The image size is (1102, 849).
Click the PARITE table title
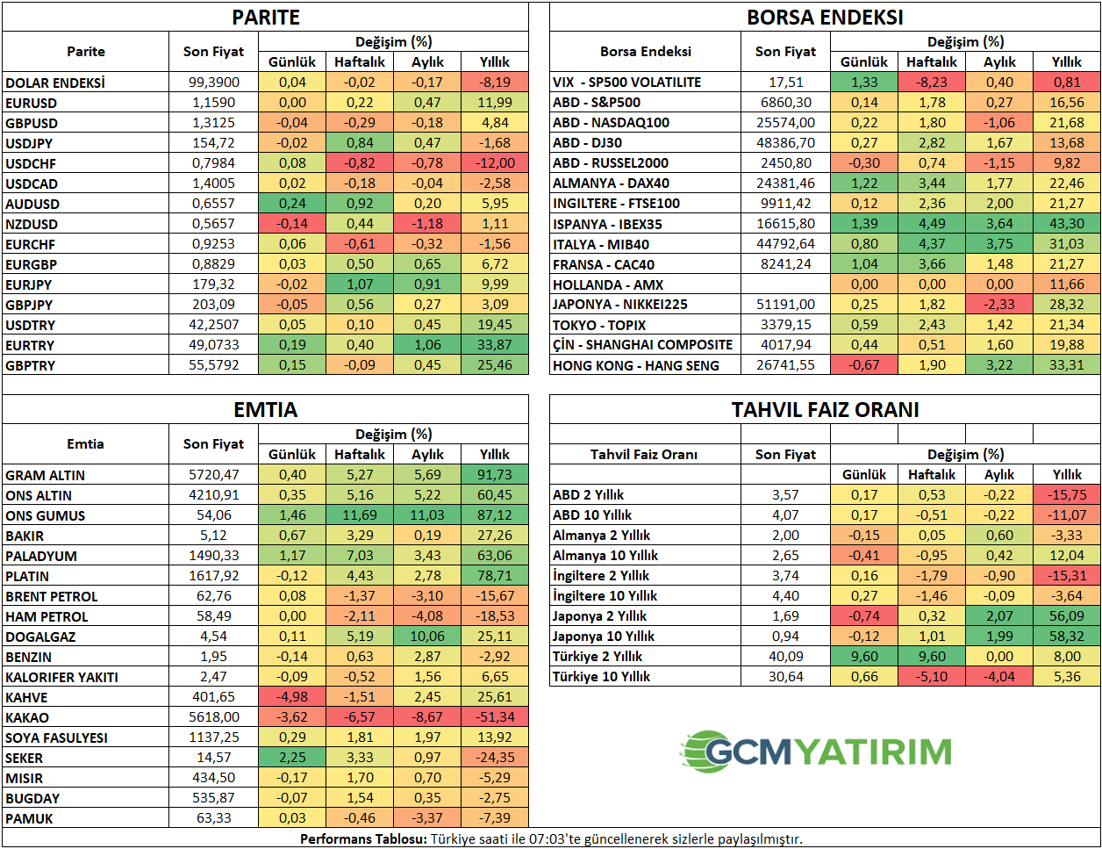click(266, 18)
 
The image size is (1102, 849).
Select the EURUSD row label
click(32, 103)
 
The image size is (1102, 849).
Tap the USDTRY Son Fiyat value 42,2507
click(214, 325)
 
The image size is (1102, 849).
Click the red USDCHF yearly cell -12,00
click(495, 163)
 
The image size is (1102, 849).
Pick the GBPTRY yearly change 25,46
click(495, 365)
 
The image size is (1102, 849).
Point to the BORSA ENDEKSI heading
click(825, 18)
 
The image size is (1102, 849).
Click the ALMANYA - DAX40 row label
click(611, 183)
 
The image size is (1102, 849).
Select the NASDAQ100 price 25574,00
click(785, 123)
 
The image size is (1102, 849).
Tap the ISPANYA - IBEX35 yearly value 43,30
click(1067, 224)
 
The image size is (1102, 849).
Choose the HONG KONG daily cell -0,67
click(864, 365)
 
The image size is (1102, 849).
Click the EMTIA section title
click(266, 410)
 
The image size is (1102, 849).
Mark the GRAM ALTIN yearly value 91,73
click(495, 475)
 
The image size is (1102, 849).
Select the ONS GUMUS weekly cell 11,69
click(360, 515)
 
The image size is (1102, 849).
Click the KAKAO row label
click(27, 718)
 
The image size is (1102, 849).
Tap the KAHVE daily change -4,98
click(292, 697)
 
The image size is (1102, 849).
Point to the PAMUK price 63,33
click(214, 818)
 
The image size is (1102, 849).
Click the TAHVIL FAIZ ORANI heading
click(825, 410)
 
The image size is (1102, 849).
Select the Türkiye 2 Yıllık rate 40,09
click(785, 657)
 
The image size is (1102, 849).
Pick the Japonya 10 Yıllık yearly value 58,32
click(1067, 637)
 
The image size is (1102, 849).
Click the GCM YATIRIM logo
click(816, 752)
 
